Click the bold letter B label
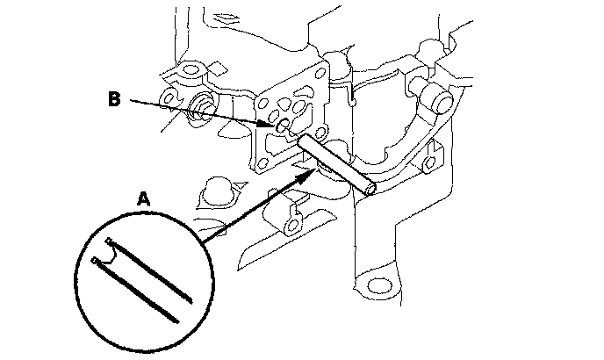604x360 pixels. point(113,99)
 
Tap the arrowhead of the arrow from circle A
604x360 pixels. point(310,173)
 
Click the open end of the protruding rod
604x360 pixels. point(371,187)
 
